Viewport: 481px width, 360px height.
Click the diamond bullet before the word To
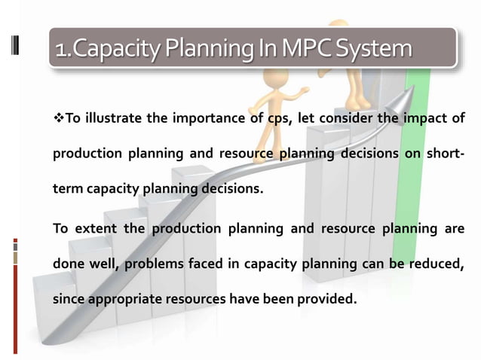[x=58, y=118]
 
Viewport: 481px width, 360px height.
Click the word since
[x=67, y=299]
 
